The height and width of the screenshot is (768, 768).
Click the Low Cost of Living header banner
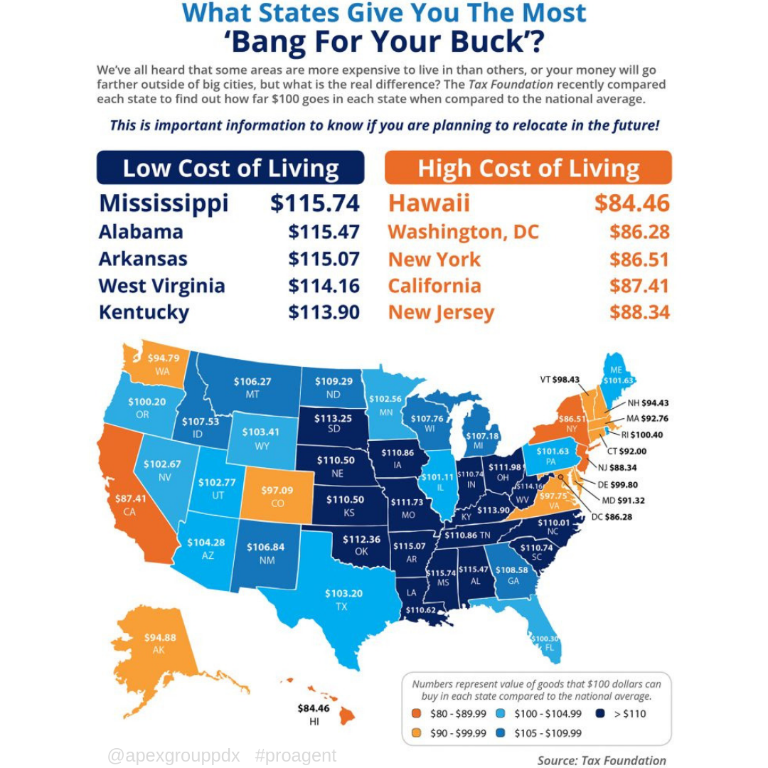(x=230, y=169)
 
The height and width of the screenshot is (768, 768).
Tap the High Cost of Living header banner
(x=528, y=169)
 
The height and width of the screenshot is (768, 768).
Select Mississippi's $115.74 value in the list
(x=315, y=203)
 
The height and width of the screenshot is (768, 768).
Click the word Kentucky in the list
(x=144, y=312)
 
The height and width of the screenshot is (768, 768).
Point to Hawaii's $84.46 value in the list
(x=631, y=203)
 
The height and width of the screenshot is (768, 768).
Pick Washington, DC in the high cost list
(x=464, y=232)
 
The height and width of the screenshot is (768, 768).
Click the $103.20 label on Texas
(x=343, y=593)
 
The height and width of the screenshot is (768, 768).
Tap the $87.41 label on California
(x=131, y=498)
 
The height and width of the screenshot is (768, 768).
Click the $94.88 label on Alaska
(x=160, y=637)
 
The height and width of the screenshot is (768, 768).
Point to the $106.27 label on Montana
(x=252, y=382)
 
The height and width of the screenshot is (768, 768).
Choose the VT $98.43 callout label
(x=560, y=379)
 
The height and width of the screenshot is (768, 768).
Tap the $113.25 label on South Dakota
(x=334, y=418)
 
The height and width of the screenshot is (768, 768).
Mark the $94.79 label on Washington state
(x=163, y=358)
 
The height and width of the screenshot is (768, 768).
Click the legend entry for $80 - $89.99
(x=451, y=713)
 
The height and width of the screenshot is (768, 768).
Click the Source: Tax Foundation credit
(x=602, y=760)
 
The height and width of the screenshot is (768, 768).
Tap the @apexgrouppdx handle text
(x=174, y=755)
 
